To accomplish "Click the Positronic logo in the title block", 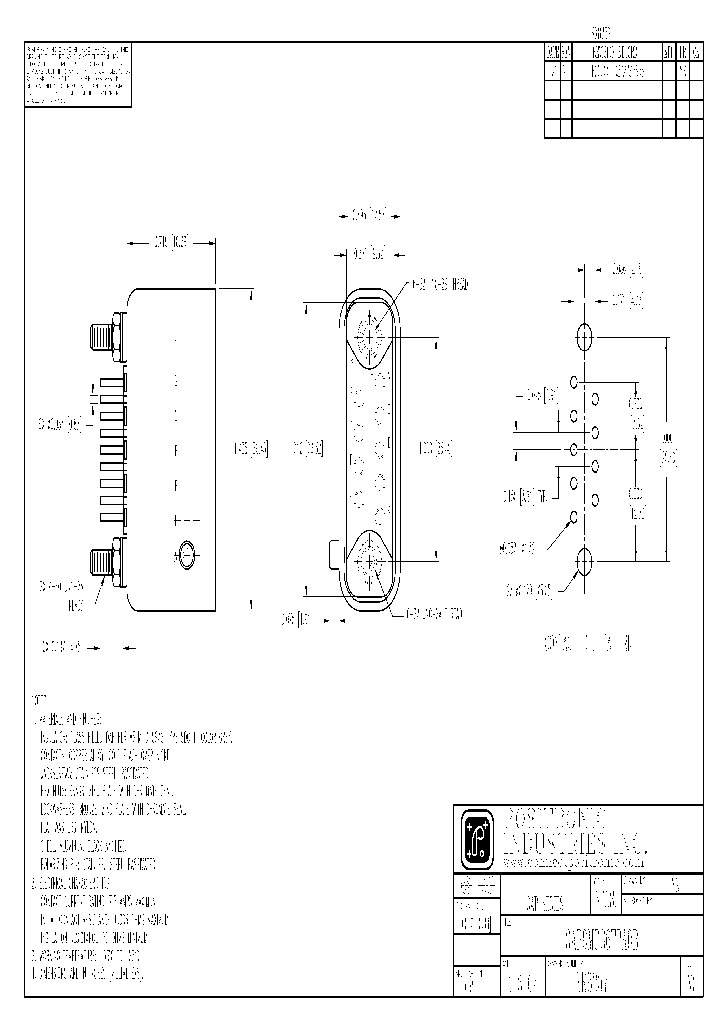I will coord(474,837).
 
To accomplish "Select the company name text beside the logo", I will coord(565,826).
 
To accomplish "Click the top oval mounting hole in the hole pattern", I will coord(585,336).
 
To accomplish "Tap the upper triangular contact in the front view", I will coord(370,329).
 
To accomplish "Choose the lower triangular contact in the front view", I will coord(370,563).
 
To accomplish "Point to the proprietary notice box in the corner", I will coord(77,74).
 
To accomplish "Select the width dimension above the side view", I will coord(171,242).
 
